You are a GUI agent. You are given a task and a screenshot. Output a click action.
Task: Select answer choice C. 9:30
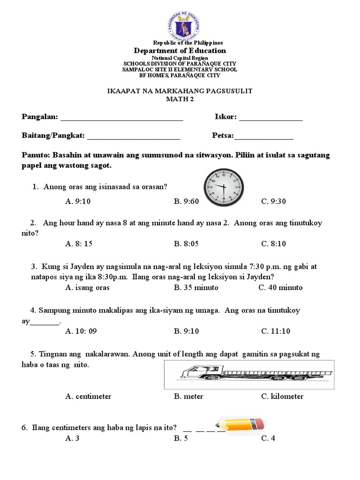click(x=273, y=202)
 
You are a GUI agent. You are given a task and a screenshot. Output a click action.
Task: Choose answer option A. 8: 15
click(x=77, y=244)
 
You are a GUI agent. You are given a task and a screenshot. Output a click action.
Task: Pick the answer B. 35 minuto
click(x=196, y=287)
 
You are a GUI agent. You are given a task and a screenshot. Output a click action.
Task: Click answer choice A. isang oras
click(x=88, y=287)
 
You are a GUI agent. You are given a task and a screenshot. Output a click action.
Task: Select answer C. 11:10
click(x=276, y=331)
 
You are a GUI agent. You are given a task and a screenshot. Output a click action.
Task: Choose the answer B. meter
click(x=188, y=396)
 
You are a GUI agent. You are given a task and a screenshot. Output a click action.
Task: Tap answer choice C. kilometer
click(x=282, y=396)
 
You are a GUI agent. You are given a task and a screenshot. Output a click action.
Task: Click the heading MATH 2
click(x=180, y=99)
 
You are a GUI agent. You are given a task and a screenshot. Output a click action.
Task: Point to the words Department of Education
click(x=180, y=51)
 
